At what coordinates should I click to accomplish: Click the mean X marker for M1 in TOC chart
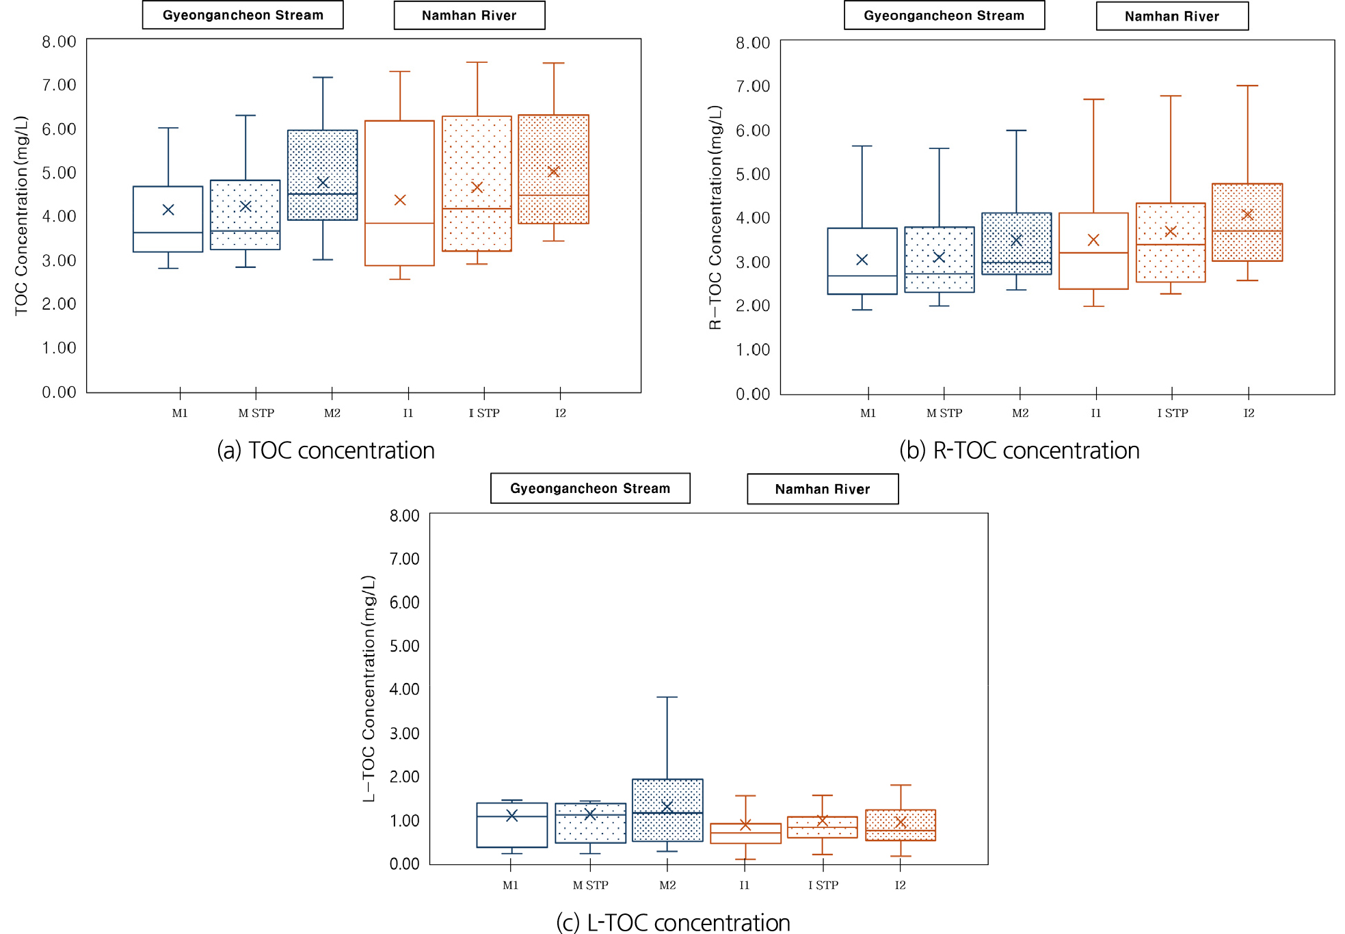[168, 210]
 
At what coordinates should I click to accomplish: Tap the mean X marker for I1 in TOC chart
[400, 200]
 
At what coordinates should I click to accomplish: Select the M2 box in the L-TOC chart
[667, 810]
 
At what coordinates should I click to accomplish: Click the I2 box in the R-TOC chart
[1247, 222]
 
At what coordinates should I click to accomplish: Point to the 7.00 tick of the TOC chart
[59, 85]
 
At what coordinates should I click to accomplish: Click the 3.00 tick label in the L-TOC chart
[404, 734]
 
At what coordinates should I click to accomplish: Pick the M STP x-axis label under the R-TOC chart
[944, 413]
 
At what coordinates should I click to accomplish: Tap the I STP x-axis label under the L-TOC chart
[823, 885]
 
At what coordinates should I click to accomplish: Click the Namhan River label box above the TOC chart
[469, 16]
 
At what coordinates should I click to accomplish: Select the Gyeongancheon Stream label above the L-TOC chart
[590, 488]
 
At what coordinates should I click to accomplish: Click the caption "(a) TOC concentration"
[325, 451]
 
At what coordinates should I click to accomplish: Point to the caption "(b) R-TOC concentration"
[1019, 451]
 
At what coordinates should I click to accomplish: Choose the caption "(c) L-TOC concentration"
[673, 922]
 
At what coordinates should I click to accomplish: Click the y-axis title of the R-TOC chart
[715, 217]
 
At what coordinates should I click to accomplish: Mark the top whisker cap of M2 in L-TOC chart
[667, 697]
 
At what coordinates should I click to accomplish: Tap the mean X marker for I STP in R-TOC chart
[1171, 232]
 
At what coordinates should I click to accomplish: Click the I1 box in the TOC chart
[399, 193]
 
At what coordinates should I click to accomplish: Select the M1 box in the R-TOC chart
[862, 261]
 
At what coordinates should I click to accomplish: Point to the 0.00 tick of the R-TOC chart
[752, 394]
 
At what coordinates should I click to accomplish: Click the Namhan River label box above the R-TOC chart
[1172, 16]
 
